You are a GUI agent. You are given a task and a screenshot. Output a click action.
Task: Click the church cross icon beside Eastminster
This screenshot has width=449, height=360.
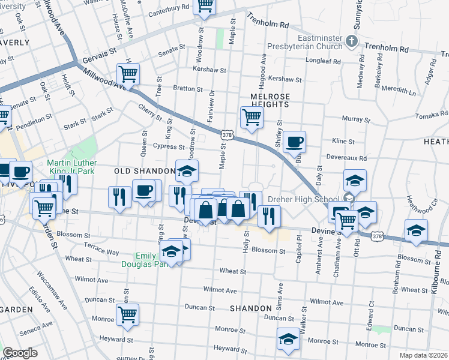pyautogui.click(x=353, y=43)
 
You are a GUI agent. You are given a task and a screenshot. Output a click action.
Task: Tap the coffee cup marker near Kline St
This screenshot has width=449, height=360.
pyautogui.click(x=294, y=142)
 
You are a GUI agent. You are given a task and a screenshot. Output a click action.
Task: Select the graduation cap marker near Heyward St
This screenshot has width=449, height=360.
pyautogui.click(x=288, y=340)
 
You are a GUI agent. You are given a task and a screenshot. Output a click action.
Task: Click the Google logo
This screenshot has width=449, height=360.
pyautogui.click(x=20, y=353)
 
